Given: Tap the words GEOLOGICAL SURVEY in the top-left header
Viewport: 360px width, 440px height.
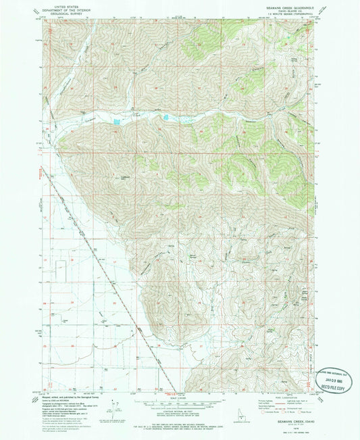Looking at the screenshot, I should click(63, 13).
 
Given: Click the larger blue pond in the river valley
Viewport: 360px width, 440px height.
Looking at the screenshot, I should click(118, 122).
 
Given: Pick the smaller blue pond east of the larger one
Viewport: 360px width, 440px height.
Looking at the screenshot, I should click(164, 120).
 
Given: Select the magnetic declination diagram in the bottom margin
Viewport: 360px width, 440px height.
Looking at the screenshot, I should click(117, 408).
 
